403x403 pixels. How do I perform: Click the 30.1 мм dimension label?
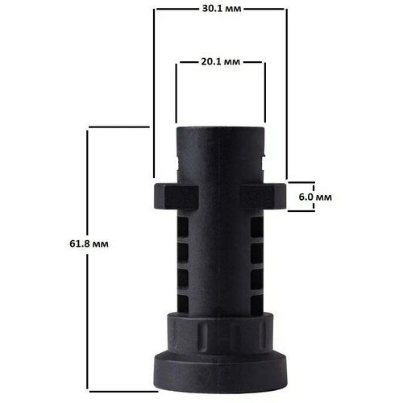pyautogui.click(x=220, y=10)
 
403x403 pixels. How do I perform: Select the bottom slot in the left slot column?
pyautogui.click(x=183, y=297)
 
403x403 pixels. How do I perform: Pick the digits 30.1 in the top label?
pyautogui.click(x=212, y=10)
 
